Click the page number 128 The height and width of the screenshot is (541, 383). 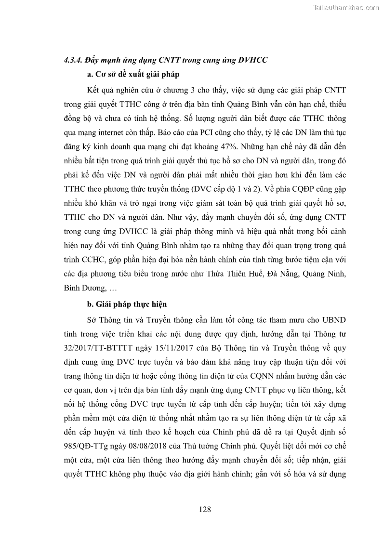pyautogui.click(x=205, y=509)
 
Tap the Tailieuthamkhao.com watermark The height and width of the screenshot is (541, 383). pyautogui.click(x=346, y=7)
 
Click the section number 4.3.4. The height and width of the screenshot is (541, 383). pyautogui.click(x=72, y=60)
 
